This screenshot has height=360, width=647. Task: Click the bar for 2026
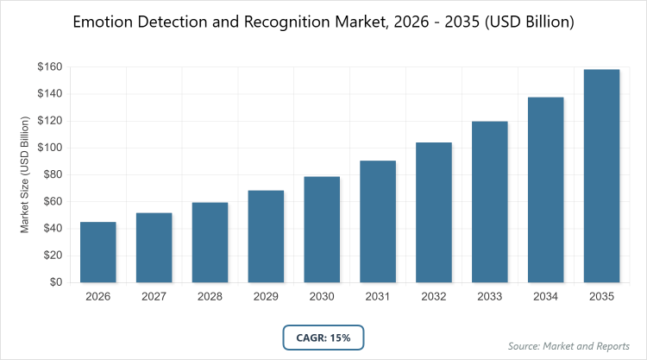(x=98, y=252)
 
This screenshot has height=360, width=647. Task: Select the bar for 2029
(x=266, y=237)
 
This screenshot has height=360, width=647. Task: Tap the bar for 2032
(x=434, y=212)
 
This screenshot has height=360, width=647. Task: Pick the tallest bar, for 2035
(x=601, y=176)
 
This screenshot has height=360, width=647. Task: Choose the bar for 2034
(x=546, y=190)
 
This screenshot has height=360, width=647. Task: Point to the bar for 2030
(x=322, y=230)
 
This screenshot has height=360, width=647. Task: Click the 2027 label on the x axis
(x=154, y=296)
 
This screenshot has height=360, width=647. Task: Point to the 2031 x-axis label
(x=378, y=296)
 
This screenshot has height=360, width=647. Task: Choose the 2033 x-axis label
(x=490, y=296)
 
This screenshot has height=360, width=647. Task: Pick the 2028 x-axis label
(x=210, y=296)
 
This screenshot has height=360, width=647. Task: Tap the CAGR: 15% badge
(x=323, y=338)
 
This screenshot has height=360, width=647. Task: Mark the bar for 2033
(x=490, y=202)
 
